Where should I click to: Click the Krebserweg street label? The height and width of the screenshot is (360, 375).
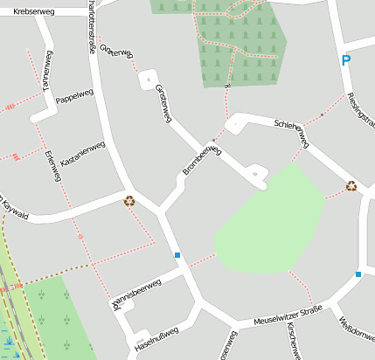pos(35,10)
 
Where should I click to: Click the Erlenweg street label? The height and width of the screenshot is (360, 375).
pos(52,166)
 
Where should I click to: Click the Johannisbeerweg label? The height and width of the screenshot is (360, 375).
pos(135,292)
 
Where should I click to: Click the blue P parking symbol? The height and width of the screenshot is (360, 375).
pos(346,60)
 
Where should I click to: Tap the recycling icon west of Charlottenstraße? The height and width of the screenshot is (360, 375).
pos(129,200)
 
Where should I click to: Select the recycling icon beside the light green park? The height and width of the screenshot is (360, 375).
pos(351,185)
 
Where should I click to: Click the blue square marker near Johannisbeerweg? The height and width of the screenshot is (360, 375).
pos(177,255)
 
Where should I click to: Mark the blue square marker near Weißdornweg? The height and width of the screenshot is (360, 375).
pos(358,274)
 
